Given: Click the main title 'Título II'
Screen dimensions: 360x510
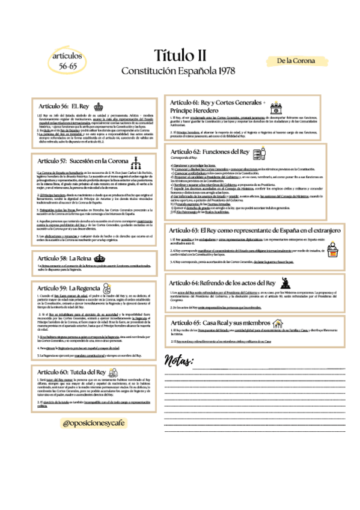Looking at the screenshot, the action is pyautogui.click(x=180, y=56).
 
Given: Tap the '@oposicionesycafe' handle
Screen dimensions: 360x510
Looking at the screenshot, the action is pyautogui.click(x=96, y=423).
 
